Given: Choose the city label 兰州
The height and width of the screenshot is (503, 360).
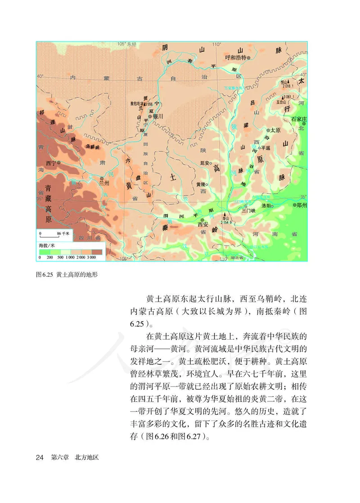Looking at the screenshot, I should (104, 183).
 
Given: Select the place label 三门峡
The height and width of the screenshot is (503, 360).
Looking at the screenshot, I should (248, 210).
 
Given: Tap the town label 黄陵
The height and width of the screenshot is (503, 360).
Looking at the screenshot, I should (202, 184).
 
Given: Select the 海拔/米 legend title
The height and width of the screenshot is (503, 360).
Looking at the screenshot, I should (47, 246).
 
